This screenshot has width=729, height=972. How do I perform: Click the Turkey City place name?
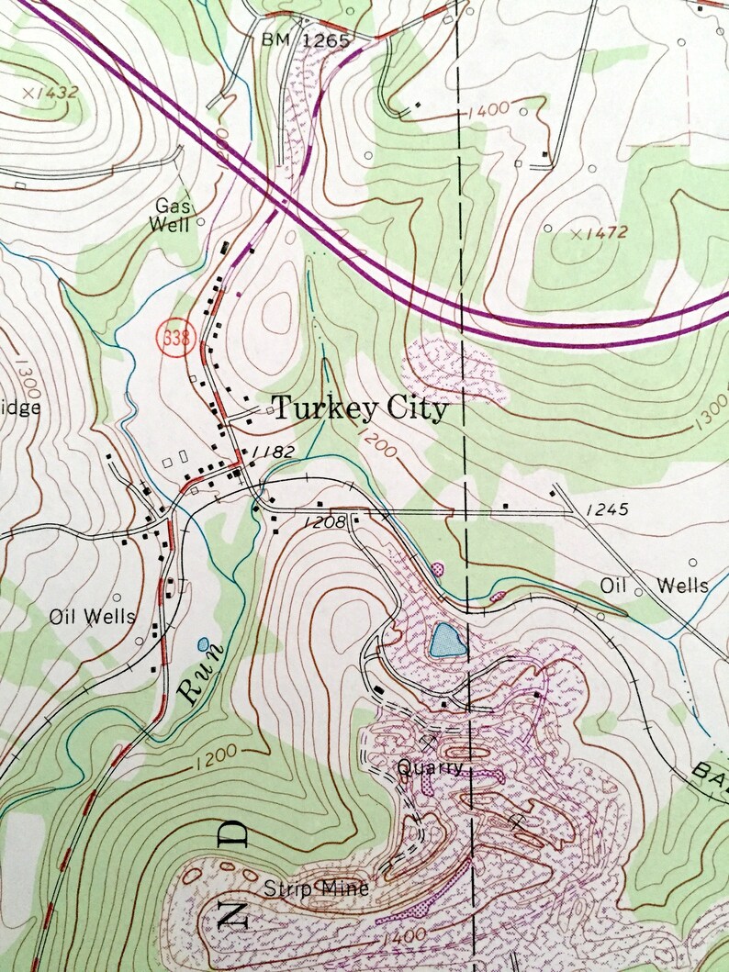coord(361,408)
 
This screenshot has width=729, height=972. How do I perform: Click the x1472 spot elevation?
coord(599,233)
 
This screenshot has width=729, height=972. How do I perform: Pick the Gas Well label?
coord(173,215)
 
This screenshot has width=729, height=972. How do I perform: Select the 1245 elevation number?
coord(610,508)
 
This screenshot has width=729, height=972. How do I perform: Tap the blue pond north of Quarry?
coord(446,640)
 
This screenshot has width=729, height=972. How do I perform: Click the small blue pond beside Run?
coord(203,644)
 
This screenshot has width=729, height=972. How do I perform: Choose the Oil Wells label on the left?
coord(93,617)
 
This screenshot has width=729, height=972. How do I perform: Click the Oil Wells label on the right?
coord(654,585)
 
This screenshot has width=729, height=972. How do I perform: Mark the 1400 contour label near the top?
coord(487,111)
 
